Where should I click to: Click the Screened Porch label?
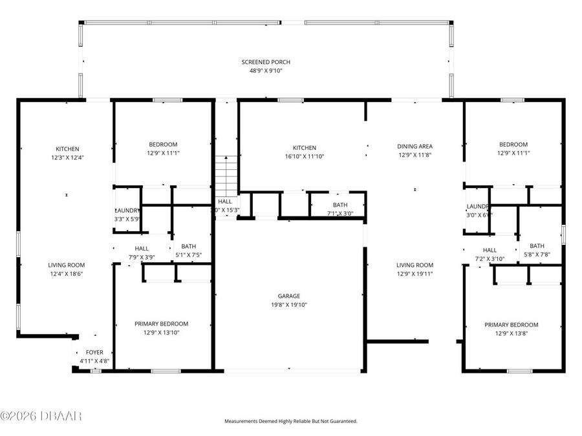(262, 62)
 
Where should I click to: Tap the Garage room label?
(289, 296)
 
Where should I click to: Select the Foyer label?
(94, 352)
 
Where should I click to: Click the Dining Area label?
(415, 147)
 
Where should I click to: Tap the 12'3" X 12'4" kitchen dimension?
(67, 157)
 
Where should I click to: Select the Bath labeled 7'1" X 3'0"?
(340, 205)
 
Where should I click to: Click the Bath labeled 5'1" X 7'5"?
(189, 246)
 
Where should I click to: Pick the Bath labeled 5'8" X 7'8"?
(537, 245)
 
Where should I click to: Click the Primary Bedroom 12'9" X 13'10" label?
(161, 324)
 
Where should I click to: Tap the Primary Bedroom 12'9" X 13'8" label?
(512, 325)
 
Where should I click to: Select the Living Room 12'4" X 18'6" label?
(67, 265)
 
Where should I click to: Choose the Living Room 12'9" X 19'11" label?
(415, 265)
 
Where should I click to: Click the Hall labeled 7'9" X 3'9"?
(142, 248)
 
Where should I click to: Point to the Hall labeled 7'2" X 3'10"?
(490, 250)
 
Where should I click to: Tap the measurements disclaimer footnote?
(290, 421)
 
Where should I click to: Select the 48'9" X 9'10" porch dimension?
(262, 70)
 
